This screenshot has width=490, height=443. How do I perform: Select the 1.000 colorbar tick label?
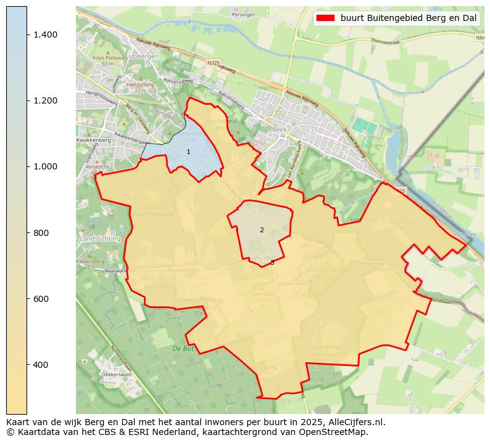[46, 166]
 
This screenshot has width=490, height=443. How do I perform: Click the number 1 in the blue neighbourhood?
[188, 152]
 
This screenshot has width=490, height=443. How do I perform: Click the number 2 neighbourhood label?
[262, 230]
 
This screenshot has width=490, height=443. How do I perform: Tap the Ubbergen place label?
[143, 56]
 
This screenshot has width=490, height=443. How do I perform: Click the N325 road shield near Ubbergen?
[214, 63]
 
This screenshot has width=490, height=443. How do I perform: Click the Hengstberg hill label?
[139, 84]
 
